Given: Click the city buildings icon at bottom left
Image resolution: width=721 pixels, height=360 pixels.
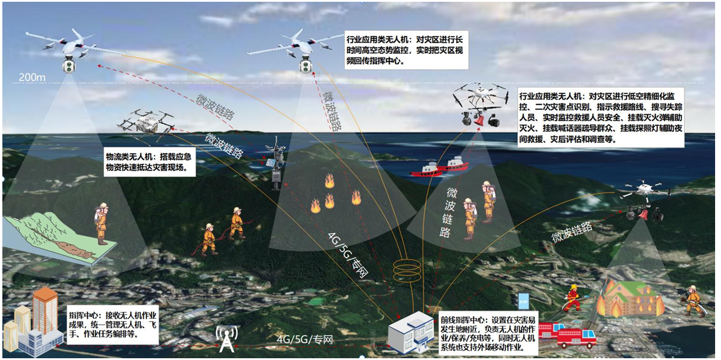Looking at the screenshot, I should pyautogui.click(x=32, y=325).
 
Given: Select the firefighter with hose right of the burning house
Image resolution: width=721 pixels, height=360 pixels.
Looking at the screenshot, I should pyautogui.click(x=692, y=300).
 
